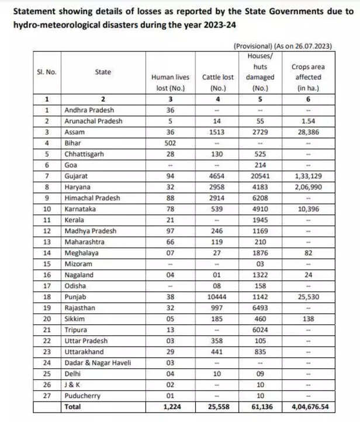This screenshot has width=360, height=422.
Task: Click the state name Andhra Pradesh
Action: tap(89, 109)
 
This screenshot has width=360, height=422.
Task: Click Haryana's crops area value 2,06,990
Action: tap(308, 186)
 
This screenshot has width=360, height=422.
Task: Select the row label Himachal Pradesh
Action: tap(93, 198)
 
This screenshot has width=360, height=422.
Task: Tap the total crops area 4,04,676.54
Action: tap(308, 406)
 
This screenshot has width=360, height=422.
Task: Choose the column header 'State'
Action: tap(103, 72)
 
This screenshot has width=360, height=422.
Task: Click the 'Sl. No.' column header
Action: tap(47, 72)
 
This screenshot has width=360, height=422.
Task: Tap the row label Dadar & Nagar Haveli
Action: tap(96, 362)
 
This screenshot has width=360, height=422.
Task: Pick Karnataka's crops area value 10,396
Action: tap(308, 209)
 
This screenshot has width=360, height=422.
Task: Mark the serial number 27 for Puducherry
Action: tap(47, 395)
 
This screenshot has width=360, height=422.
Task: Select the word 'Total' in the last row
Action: tap(73, 406)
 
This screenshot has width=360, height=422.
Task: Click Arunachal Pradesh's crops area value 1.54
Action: tap(308, 120)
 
